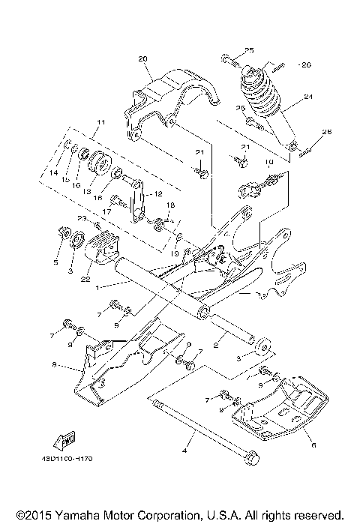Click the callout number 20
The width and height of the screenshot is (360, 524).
click(143, 58)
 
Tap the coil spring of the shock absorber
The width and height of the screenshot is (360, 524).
click(258, 94)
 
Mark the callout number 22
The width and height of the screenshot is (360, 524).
click(85, 278)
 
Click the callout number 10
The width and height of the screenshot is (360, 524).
click(269, 162)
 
